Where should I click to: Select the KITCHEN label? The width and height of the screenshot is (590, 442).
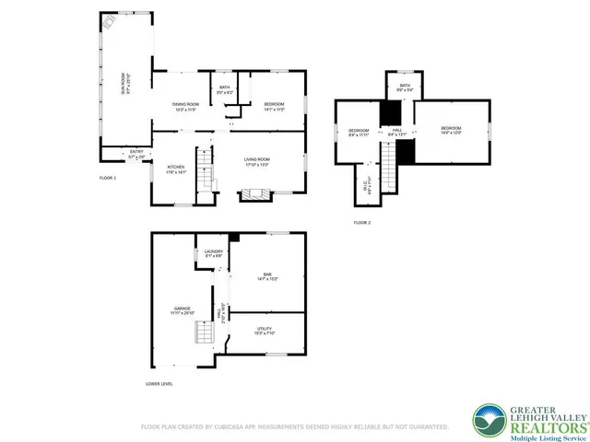[177, 169]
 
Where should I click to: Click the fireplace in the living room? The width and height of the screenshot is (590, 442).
[252, 194]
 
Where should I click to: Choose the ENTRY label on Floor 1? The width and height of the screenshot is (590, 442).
[136, 154]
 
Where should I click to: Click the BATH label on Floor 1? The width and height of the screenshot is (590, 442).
[225, 90]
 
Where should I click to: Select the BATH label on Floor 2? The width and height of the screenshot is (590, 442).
[404, 87]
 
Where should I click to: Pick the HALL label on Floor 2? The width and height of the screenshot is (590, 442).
[397, 134]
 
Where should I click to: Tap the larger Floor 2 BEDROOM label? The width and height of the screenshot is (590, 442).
[450, 130]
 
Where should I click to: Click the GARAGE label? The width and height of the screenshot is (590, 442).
[182, 310]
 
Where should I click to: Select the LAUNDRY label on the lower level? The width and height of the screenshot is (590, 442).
[214, 253]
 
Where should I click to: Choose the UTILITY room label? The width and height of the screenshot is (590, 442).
[265, 331]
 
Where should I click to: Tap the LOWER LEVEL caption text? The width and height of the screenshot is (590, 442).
[159, 384]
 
